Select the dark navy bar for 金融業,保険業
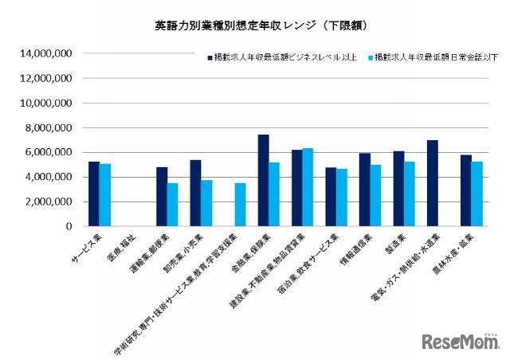pyautogui.click(x=263, y=181)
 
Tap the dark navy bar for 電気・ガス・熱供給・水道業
pyautogui.click(x=433, y=183)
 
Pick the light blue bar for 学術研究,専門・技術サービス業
pyautogui.click(x=241, y=205)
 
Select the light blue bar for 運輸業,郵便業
pyautogui.click(x=173, y=205)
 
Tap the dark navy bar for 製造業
pyautogui.click(x=398, y=189)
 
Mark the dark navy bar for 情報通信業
pyautogui.click(x=365, y=190)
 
